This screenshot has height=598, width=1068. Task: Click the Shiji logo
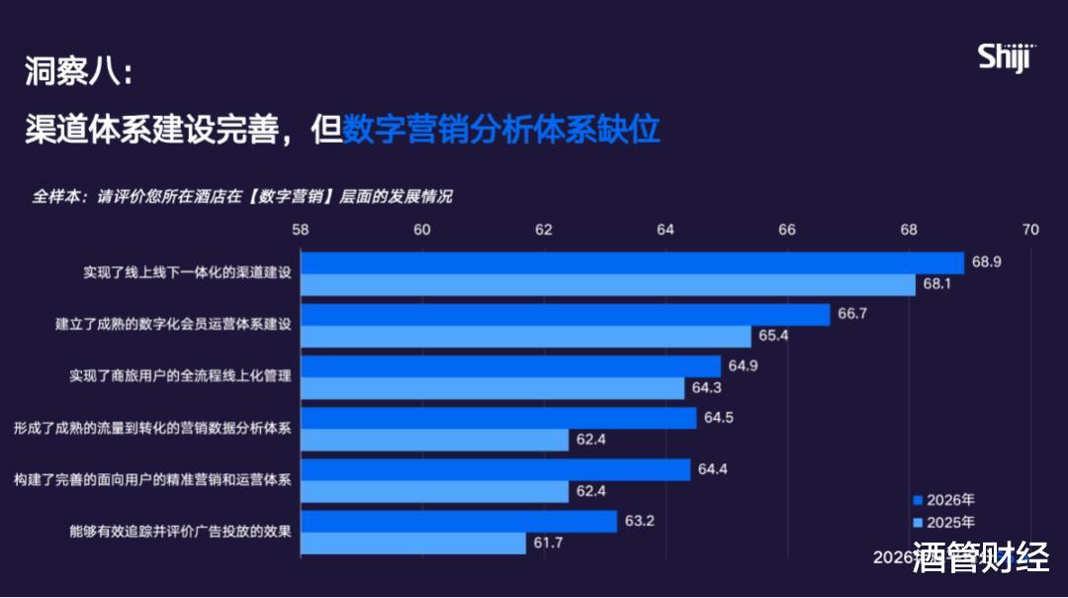click(1005, 57)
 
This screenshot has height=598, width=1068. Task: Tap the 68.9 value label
click(987, 262)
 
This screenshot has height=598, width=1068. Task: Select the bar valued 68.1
click(608, 285)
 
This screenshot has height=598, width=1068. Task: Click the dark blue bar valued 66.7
click(566, 315)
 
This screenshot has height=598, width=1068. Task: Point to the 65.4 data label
click(773, 337)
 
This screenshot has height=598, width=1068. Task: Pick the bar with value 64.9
click(511, 366)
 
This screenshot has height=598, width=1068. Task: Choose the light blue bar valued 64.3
click(492, 388)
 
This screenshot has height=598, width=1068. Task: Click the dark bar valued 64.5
click(498, 418)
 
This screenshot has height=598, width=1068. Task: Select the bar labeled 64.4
click(495, 469)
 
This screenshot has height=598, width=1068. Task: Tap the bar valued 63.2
click(459, 521)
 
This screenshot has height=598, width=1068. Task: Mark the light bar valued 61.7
click(413, 543)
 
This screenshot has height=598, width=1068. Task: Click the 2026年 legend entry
click(943, 500)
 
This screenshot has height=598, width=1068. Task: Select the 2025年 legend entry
click(943, 522)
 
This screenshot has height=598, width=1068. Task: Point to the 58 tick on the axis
click(301, 230)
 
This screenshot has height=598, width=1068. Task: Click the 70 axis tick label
click(1030, 230)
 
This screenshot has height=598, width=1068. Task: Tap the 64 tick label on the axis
click(666, 230)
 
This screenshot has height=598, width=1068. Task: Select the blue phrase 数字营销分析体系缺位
click(501, 129)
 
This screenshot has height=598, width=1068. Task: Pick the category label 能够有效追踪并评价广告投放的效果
click(180, 532)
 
